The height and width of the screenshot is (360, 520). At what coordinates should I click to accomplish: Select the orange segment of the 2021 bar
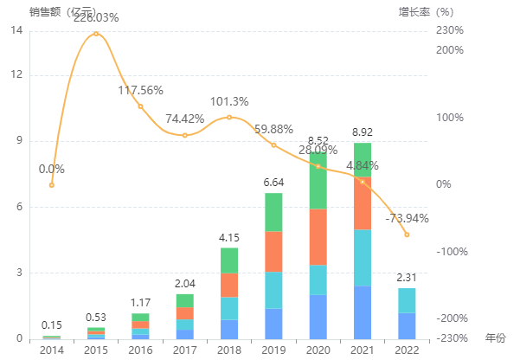(x=363, y=203)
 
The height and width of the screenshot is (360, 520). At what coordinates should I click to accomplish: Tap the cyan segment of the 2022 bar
(x=407, y=300)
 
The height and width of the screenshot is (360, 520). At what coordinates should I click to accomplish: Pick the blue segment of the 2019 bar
(x=273, y=323)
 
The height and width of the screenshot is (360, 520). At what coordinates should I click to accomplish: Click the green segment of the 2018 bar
(x=228, y=260)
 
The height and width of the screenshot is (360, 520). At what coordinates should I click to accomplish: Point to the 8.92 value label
(x=363, y=132)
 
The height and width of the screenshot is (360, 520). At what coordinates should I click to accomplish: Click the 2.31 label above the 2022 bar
(x=407, y=278)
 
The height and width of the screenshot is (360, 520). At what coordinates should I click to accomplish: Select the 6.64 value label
(x=273, y=183)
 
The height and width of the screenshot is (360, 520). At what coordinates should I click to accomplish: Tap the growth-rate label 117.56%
(x=141, y=90)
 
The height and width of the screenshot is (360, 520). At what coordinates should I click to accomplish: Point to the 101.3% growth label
(x=229, y=100)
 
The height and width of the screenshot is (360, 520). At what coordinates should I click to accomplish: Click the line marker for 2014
(x=52, y=184)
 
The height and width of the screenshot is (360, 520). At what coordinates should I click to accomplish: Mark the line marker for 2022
(x=407, y=235)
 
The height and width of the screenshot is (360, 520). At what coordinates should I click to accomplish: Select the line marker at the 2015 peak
(x=96, y=34)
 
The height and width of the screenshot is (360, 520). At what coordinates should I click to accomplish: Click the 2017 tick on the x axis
(x=184, y=349)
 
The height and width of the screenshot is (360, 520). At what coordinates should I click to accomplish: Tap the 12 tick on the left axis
(x=16, y=75)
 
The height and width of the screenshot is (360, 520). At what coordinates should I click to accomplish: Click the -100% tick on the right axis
(x=451, y=252)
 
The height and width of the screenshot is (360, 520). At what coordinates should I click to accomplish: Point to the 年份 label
(x=495, y=337)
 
